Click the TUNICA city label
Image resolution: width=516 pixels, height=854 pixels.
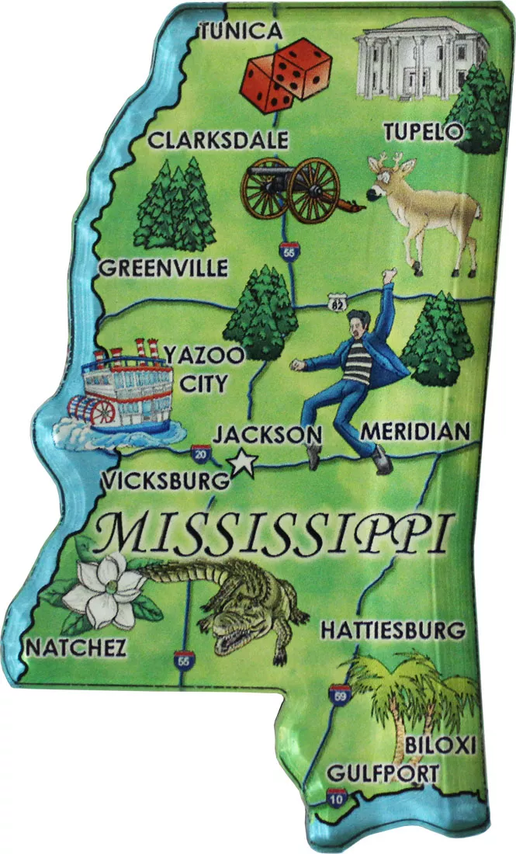[240, 31]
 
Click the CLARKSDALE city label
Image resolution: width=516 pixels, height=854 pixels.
[218, 141]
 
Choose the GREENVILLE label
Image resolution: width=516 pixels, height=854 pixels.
[164, 269]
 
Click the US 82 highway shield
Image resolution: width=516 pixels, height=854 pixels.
[336, 300]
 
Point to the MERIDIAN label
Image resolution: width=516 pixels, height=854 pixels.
[416, 431]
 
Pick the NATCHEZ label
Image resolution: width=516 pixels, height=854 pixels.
[75, 647]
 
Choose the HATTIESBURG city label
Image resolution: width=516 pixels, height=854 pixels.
[393, 629]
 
